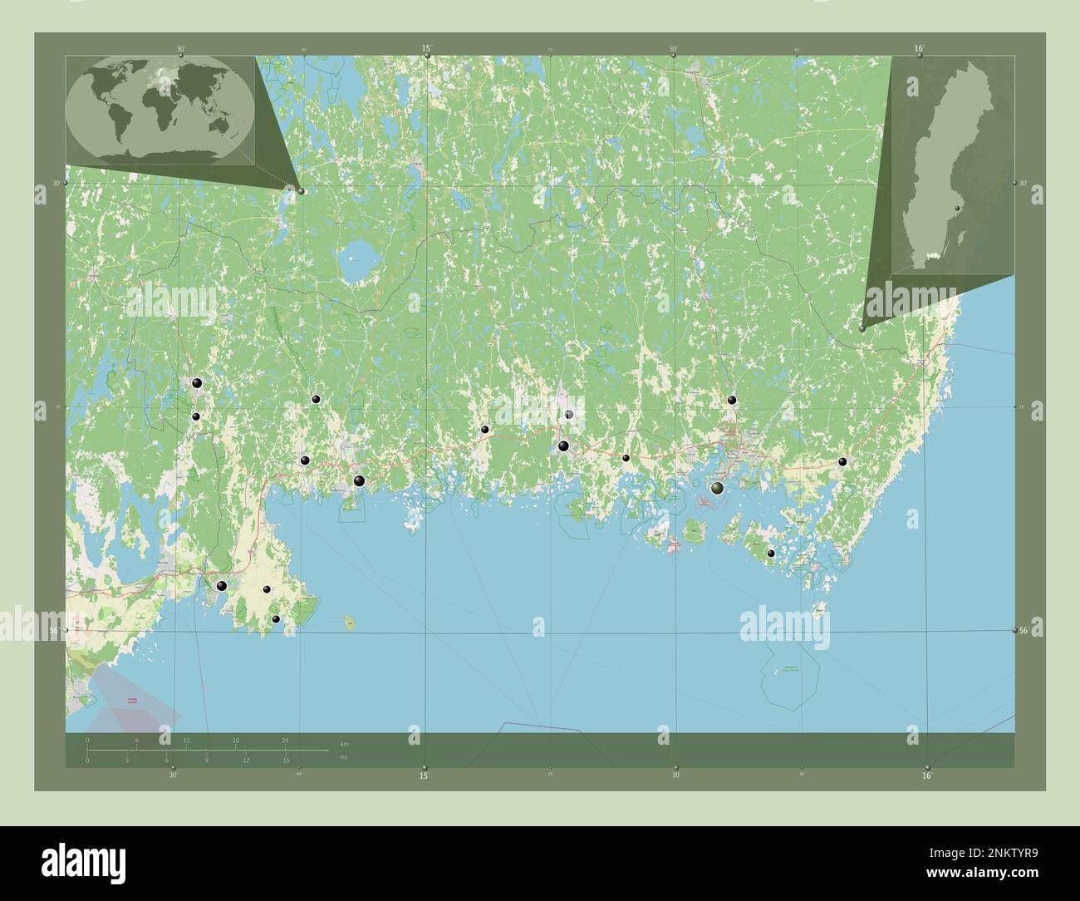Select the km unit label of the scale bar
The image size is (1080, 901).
coord(345,743)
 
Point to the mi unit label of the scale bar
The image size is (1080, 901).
coord(344,757)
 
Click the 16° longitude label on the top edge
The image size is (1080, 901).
coord(919,48)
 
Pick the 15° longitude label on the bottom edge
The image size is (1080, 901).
coord(424,776)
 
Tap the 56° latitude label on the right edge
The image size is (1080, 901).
coord(1024,631)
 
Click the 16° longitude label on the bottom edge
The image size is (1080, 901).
coord(927,776)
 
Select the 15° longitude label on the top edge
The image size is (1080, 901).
coord(426,48)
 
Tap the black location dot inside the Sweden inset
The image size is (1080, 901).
coord(957,208)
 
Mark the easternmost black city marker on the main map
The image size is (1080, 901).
coord(842,461)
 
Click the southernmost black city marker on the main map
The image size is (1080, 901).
coord(276,618)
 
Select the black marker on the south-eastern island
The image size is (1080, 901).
coord(771,553)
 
